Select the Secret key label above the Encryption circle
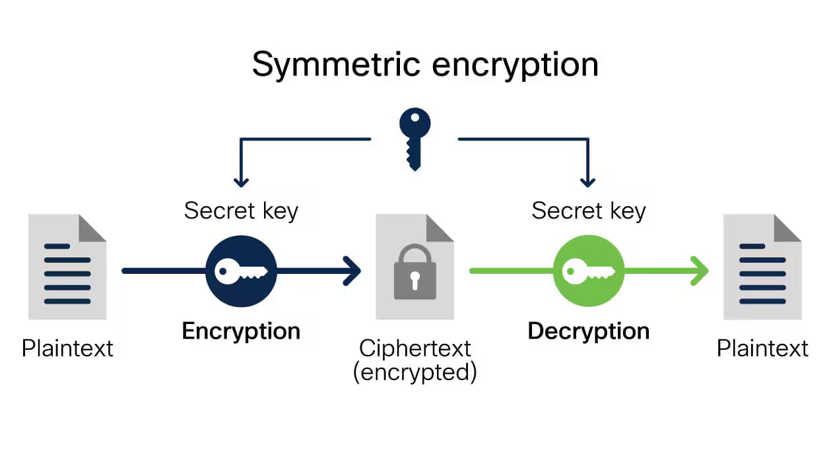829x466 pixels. tap(241, 211)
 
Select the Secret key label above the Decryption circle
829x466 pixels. tap(588, 211)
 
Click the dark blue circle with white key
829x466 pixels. tap(241, 271)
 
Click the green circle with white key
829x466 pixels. tap(588, 271)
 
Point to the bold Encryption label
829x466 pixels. tap(241, 331)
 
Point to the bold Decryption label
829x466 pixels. tap(588, 331)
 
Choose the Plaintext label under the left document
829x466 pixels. tap(67, 348)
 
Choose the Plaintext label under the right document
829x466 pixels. tap(762, 348)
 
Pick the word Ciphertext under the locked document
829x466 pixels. tap(414, 348)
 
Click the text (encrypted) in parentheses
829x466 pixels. tap(414, 372)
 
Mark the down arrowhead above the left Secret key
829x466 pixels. tap(241, 180)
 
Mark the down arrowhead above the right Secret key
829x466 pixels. tap(587, 180)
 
